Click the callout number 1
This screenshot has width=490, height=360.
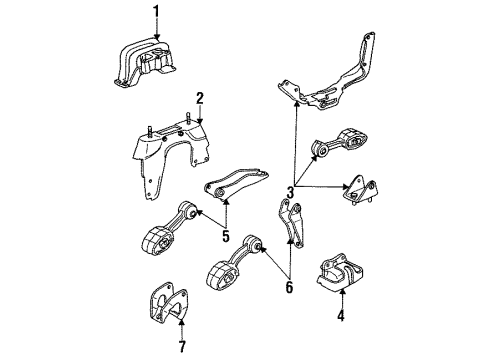click(156, 11)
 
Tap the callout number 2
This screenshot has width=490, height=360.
click(200, 98)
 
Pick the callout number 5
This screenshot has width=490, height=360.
click(226, 237)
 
